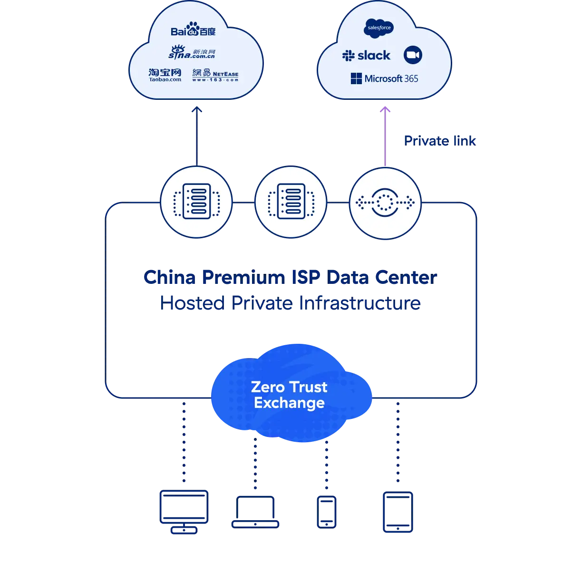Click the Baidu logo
[193, 30]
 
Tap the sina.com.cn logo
[192, 52]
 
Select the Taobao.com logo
[165, 75]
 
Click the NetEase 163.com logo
[215, 75]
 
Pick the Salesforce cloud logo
[379, 28]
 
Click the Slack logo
[366, 56]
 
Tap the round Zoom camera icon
[413, 55]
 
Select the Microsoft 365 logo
[384, 78]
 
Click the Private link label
[440, 141]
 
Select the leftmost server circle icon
[196, 203]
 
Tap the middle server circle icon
[291, 203]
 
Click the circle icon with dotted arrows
[385, 203]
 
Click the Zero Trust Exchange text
[289, 395]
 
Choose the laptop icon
[256, 512]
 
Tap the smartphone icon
[327, 511]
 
